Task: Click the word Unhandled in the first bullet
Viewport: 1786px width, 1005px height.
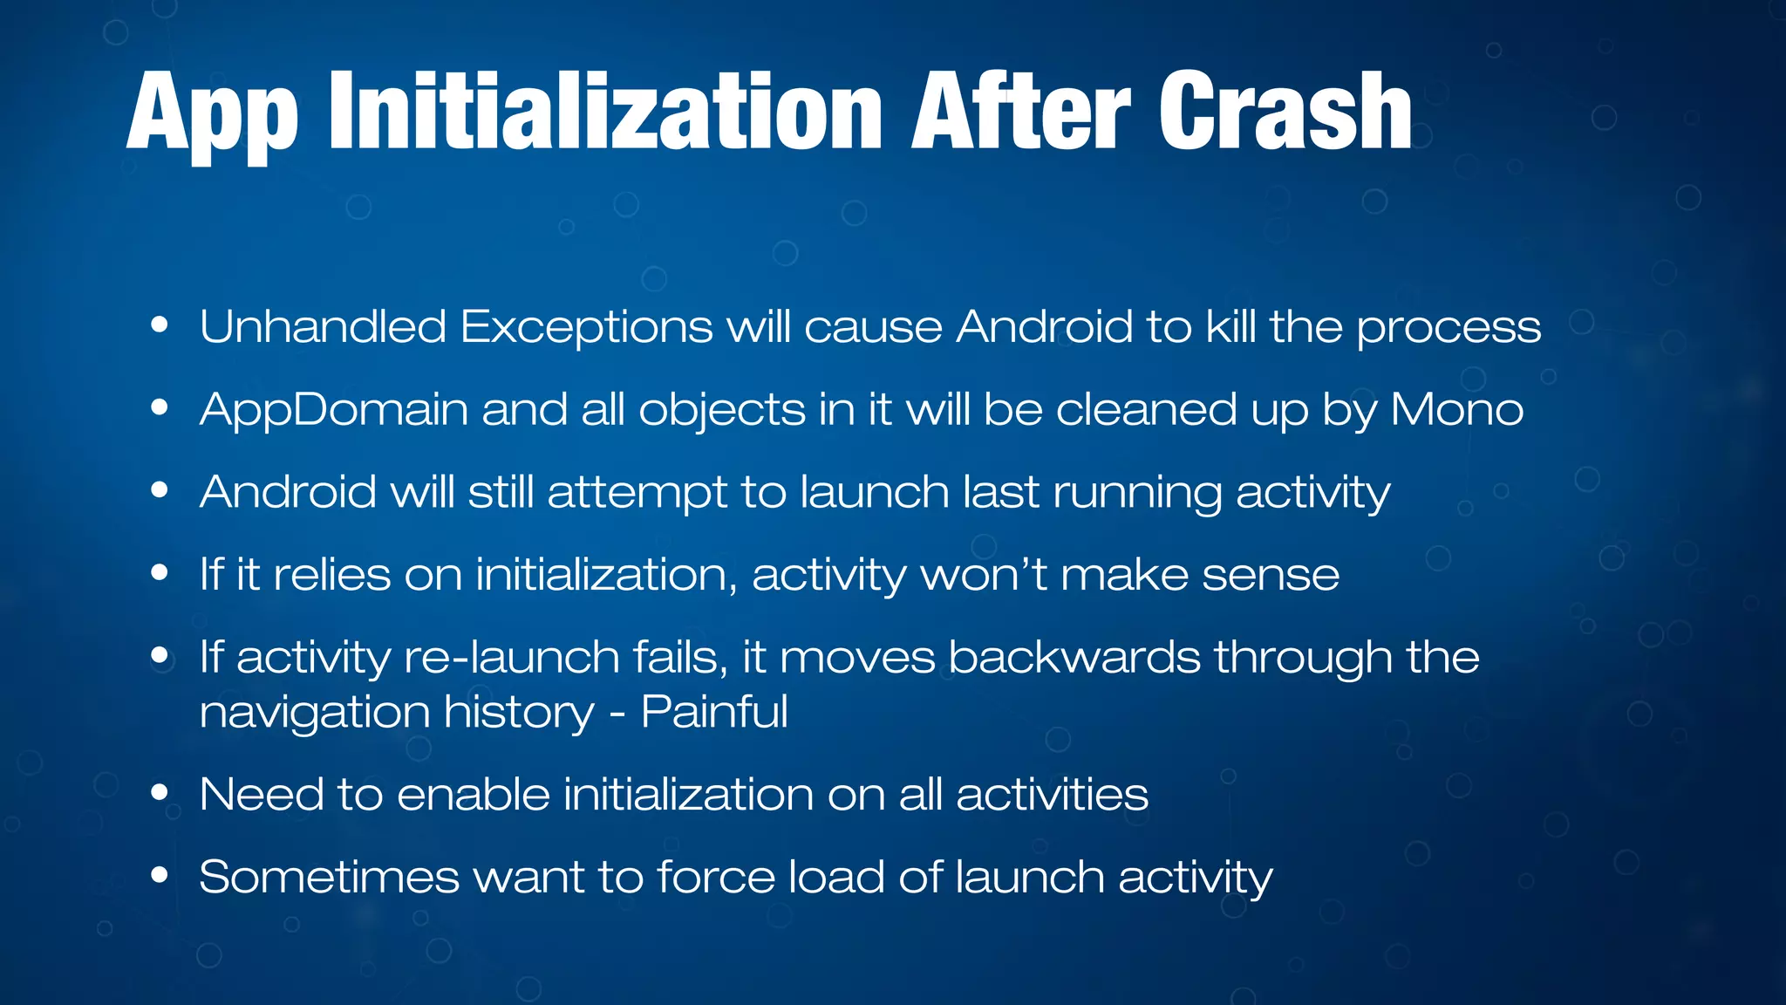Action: (323, 327)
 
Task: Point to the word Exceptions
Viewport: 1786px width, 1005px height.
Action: (586, 327)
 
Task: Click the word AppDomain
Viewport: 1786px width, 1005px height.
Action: (334, 410)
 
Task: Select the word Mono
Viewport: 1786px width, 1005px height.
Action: (1456, 410)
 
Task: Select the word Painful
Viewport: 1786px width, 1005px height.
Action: (714, 712)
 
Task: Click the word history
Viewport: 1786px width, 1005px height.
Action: (519, 714)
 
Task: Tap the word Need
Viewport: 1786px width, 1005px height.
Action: (262, 795)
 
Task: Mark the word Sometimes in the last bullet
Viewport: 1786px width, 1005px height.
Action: (329, 877)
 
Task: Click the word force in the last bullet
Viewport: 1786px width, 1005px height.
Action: (715, 877)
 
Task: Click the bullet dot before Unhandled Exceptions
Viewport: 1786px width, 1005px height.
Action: (159, 325)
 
